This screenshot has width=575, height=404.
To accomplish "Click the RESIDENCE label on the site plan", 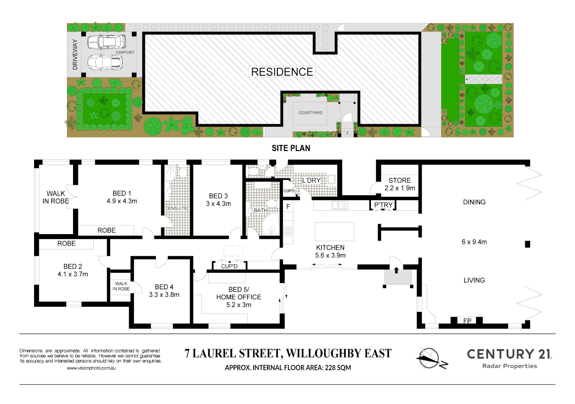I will tap(282, 72).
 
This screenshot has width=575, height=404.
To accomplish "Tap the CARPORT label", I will tap(125, 52).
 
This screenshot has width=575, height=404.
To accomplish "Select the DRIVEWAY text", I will tap(75, 55).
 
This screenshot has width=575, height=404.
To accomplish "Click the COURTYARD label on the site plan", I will tap(310, 113).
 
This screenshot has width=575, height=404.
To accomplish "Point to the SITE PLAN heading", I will tap(291, 148).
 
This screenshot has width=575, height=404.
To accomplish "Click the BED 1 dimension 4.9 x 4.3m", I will tap(122, 201).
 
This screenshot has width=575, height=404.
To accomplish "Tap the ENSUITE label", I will tap(177, 208).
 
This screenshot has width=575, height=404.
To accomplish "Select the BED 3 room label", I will tap(218, 196).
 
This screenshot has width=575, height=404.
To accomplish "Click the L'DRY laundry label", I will tap(311, 180).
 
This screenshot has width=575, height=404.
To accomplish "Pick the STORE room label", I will tap(399, 180).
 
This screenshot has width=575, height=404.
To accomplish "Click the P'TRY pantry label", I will tap(383, 205).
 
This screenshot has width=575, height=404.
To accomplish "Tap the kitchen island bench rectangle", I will tap(335, 232).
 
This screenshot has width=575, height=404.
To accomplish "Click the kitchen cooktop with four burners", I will tap(288, 231).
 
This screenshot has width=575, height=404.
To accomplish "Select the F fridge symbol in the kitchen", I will tap(288, 206).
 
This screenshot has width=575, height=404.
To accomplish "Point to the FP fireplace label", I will tap(467, 321).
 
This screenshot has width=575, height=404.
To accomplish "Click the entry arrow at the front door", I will tap(396, 270).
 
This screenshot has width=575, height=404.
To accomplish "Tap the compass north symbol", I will tap(430, 358).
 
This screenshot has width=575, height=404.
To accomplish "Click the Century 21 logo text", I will tap(509, 354).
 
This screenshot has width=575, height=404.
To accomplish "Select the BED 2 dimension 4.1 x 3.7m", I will tap(73, 274).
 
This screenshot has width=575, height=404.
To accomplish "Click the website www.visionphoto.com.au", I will tap(91, 368).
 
